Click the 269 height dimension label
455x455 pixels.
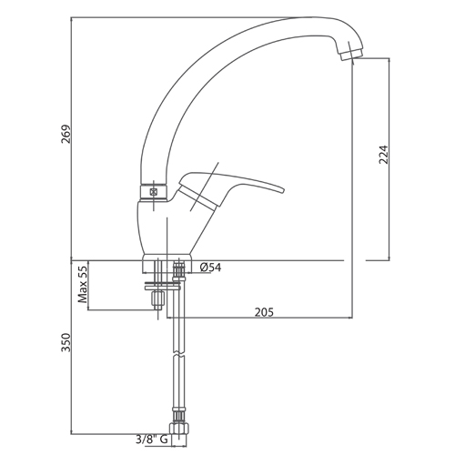(66, 134)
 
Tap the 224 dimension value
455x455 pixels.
(383, 155)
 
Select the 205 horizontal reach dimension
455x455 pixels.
(264, 312)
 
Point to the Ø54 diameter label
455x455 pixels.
(211, 268)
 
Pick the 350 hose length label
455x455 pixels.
(66, 343)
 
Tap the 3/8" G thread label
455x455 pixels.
(152, 440)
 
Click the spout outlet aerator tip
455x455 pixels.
(351, 56)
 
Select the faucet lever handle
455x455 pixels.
(230, 188)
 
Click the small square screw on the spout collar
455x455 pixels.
(154, 192)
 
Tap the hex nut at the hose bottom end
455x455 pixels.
(179, 429)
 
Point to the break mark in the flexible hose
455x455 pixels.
(179, 354)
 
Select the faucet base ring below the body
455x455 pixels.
(167, 264)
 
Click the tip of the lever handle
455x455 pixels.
(283, 190)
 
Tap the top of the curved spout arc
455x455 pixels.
(312, 18)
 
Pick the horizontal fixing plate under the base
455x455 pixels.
(163, 286)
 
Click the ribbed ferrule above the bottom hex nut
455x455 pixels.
(179, 416)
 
